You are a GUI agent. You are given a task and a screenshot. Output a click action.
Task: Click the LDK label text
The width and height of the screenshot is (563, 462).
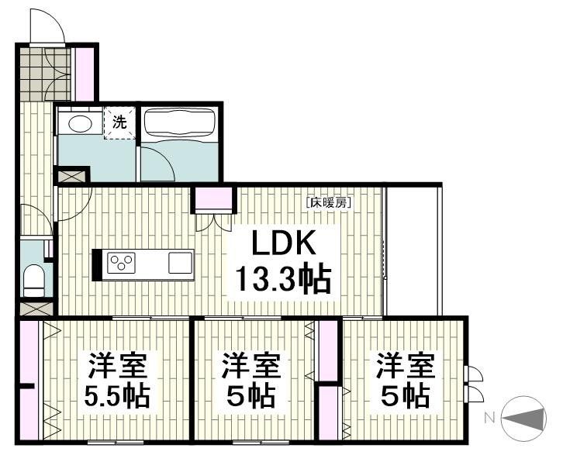pos(282,244)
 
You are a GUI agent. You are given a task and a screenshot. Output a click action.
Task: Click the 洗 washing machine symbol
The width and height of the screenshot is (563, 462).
pos(119,122)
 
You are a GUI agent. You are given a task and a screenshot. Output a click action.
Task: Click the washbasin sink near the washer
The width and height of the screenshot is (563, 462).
pos(78,122)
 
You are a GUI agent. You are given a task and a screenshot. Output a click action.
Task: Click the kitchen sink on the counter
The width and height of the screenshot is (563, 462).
pos(181,263)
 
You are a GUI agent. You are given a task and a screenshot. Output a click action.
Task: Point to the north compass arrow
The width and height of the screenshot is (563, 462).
pos(528,418)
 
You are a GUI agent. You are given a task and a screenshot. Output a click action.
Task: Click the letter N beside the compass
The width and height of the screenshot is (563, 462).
pos(490,418)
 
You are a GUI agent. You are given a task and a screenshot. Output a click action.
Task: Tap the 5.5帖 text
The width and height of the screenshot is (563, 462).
pos(118,398)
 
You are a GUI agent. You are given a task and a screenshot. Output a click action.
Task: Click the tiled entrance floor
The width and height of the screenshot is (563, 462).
pos(45,74)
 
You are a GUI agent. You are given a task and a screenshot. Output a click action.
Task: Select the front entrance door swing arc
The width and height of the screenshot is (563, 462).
pos(47,27)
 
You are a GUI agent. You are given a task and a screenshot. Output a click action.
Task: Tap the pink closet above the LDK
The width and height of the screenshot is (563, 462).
pos(212,199)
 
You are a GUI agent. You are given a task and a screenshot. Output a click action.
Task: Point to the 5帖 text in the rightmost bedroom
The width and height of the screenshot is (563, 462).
pos(405,397)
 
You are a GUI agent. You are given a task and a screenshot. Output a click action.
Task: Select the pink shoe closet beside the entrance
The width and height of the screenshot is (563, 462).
pos(85,74)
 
